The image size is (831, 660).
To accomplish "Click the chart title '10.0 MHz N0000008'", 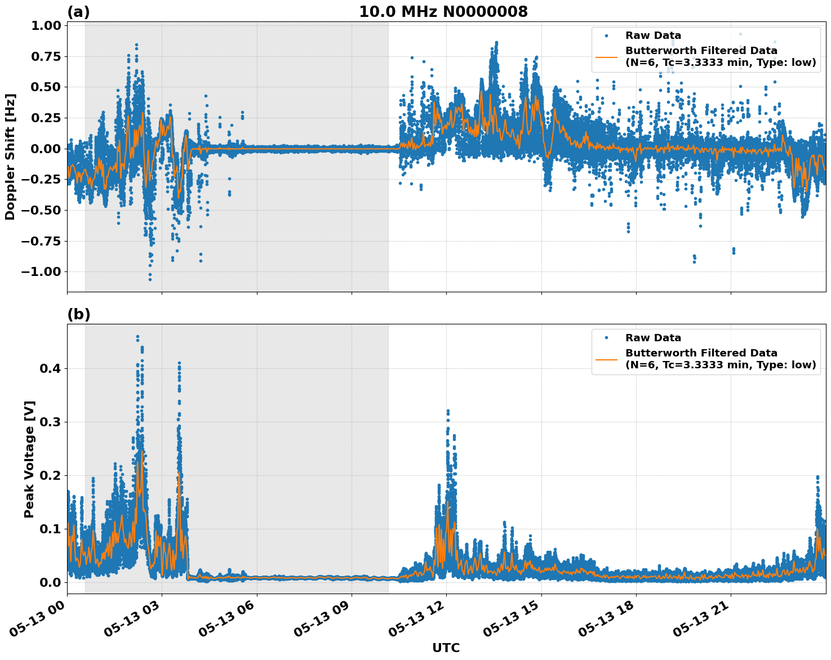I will coord(443,11).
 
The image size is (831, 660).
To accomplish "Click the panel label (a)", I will coord(78,11).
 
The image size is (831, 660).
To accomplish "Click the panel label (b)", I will coord(78,314).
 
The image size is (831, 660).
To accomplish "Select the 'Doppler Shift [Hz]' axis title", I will coord(10,157).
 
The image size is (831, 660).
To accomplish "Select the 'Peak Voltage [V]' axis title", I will coord(29,459).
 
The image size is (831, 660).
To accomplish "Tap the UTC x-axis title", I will coord(446,648).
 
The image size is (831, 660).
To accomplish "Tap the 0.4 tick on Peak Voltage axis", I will coord(50,368).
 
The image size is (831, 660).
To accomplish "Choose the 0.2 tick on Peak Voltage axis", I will coord(50,475).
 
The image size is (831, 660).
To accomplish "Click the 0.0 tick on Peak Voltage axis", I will coord(50,582).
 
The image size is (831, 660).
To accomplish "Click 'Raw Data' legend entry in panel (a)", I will coord(653,35).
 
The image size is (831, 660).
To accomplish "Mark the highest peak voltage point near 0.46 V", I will coord(137,337).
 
